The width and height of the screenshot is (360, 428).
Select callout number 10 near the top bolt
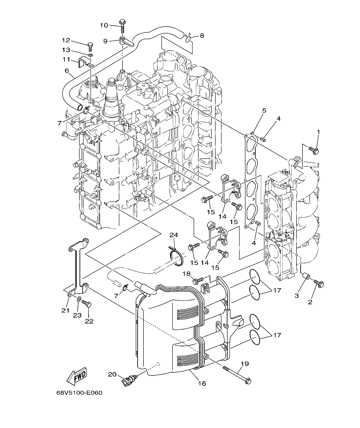point(104,25)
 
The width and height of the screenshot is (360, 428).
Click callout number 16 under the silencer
point(202,384)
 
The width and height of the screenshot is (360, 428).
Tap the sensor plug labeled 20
point(129,379)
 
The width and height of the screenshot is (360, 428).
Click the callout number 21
point(65,310)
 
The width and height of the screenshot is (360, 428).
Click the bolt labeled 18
point(198,281)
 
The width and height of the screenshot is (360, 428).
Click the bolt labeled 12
point(90,44)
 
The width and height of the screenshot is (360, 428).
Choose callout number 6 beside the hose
point(67,71)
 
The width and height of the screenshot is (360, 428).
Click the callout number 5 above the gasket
point(264,110)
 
